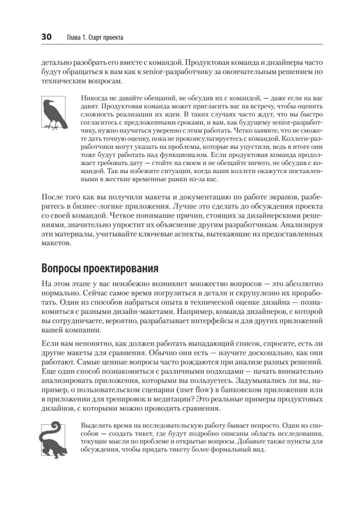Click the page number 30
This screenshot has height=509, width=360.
(46, 37)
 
